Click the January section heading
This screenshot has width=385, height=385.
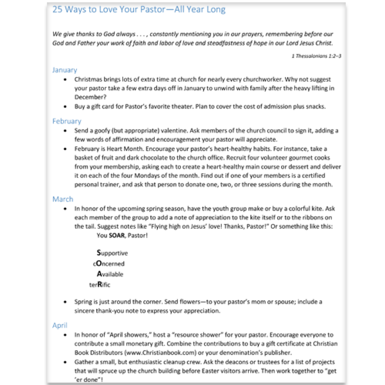click(x=65, y=70)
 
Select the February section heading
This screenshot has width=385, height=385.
click(x=67, y=121)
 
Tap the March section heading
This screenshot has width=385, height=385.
click(x=63, y=199)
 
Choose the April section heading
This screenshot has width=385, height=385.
click(x=60, y=326)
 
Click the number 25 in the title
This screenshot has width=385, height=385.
click(x=57, y=9)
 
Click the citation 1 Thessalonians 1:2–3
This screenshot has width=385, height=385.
click(x=316, y=56)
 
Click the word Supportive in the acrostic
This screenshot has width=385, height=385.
click(x=112, y=253)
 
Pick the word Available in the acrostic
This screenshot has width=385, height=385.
click(x=110, y=274)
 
